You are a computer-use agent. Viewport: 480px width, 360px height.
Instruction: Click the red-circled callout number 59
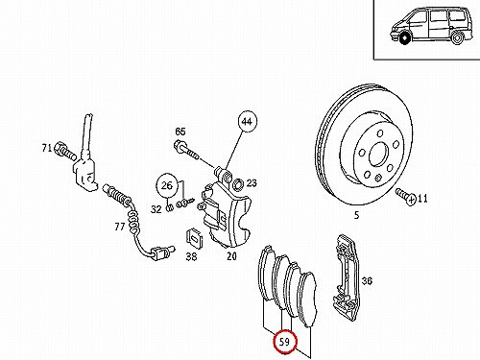point(284,342)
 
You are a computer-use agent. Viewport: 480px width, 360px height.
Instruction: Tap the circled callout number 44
point(247,122)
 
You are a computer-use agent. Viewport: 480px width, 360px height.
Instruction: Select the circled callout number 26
point(167,185)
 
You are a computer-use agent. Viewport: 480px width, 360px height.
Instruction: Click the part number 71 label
point(47,148)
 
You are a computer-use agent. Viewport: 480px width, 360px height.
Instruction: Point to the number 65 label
point(180,132)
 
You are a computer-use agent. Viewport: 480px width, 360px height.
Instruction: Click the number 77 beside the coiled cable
point(119,227)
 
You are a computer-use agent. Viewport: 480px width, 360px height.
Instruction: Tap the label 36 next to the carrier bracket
point(367,281)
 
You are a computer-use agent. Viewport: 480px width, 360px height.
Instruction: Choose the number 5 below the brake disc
point(357,215)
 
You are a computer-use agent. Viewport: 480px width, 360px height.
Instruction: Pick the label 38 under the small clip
point(191,256)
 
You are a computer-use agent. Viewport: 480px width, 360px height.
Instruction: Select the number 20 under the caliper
point(231,256)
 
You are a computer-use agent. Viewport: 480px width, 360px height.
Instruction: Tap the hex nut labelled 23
point(238,184)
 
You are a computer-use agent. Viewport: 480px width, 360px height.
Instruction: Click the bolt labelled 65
point(186,150)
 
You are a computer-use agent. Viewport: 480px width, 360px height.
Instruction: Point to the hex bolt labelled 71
point(65,152)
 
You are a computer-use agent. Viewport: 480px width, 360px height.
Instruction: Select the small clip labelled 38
point(194,238)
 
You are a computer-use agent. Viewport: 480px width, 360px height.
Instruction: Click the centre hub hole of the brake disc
point(379,155)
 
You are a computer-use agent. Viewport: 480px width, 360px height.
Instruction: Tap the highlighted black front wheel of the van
point(405,38)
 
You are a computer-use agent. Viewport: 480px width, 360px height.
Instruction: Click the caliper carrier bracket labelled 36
point(347,277)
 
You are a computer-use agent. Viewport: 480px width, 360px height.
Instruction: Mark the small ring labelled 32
point(170,208)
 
